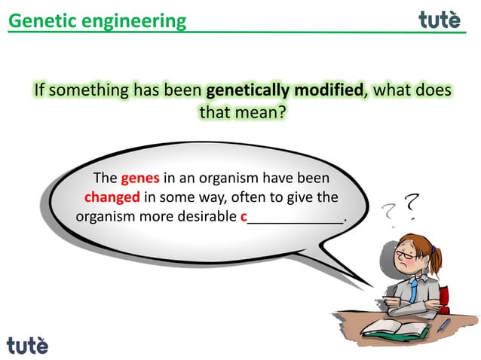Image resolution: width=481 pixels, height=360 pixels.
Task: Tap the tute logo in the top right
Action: [x=440, y=20]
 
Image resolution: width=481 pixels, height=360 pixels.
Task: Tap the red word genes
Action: [x=139, y=178]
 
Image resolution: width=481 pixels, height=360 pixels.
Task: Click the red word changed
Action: [x=112, y=198]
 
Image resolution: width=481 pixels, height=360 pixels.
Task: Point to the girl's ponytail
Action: [x=437, y=260]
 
